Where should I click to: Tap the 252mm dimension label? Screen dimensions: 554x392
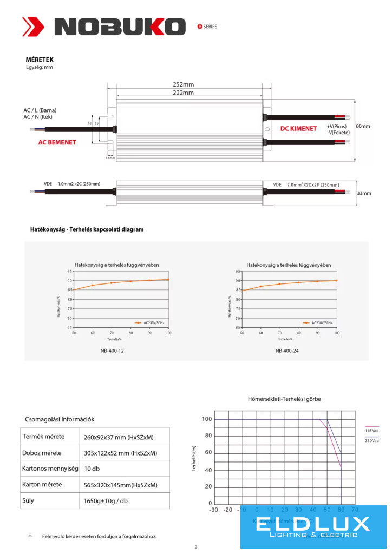[183, 84]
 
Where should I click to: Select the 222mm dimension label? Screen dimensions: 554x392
[183, 93]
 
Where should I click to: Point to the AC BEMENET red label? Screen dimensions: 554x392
[57, 142]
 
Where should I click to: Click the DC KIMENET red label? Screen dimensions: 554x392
[298, 129]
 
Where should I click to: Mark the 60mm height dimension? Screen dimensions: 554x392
[363, 126]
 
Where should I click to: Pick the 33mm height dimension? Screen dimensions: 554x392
[364, 193]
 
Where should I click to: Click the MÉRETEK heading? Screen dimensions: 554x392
[40, 60]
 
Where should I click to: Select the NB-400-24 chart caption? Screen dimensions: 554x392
[288, 351]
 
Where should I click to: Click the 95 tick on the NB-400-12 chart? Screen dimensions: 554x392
[70, 271]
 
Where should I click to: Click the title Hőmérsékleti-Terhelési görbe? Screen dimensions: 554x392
[284, 399]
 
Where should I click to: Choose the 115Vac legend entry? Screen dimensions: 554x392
[371, 431]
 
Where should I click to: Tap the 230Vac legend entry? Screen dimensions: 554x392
[371, 441]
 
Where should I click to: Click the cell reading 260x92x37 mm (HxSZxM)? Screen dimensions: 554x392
[119, 437]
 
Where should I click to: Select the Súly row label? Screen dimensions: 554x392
[28, 500]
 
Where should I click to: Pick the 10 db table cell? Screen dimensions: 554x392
[92, 469]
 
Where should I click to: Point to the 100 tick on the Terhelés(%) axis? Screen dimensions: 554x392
[206, 419]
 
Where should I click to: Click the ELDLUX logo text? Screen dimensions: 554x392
[313, 524]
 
